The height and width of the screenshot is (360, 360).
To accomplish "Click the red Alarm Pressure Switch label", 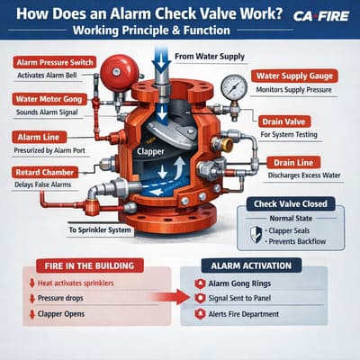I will coord(53,62).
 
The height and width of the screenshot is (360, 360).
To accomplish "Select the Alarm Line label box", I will coord(37,135).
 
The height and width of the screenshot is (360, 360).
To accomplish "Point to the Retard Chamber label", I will coord(45,171).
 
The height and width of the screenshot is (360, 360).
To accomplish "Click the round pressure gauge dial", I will coord(234,88).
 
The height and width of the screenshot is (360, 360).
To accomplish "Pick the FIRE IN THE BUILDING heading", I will coord(87,265).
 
